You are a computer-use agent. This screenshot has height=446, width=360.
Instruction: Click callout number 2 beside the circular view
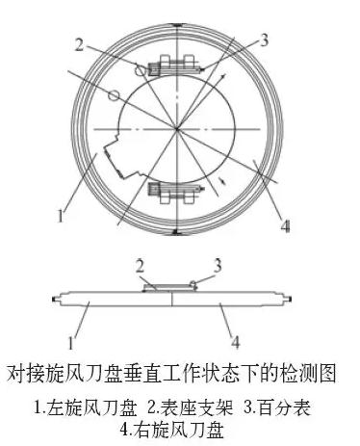click(x=82, y=43)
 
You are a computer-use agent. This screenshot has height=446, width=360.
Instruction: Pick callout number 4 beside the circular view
click(x=285, y=227)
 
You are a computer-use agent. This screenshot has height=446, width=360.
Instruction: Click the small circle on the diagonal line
click(x=114, y=95)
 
